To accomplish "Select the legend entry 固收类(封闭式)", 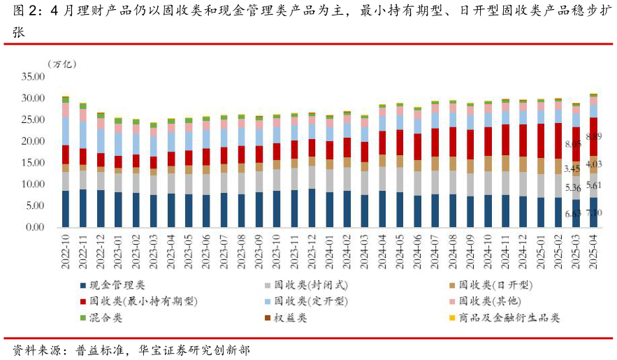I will point(310,285).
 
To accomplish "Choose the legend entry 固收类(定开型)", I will point(310,301).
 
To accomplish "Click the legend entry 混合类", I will point(106,318).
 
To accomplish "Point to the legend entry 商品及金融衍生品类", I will point(509,318).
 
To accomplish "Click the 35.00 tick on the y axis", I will point(31,77).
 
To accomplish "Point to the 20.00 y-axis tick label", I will point(31,141).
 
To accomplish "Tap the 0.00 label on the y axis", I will point(34,228).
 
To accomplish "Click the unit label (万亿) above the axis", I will point(61,64).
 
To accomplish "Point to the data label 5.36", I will point(572,188).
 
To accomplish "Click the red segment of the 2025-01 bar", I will point(541,141).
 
